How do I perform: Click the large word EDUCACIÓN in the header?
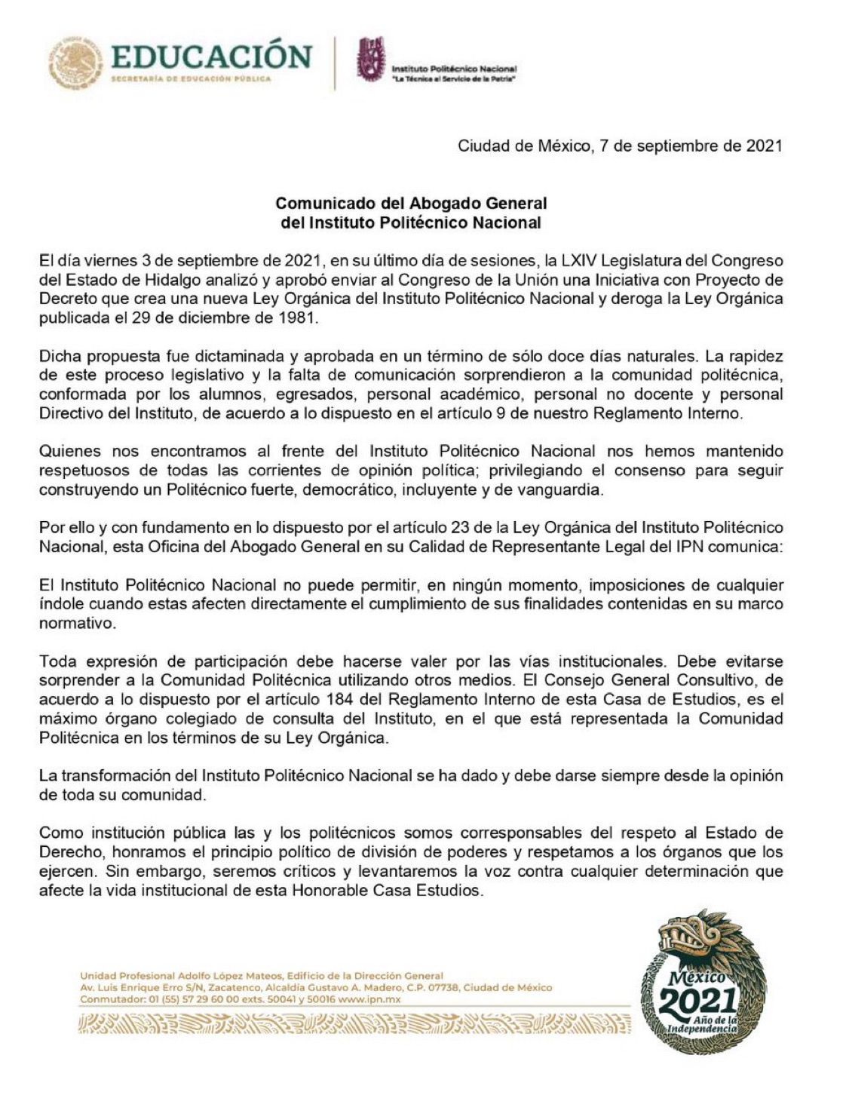click(211, 57)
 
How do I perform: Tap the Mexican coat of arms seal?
click(75, 61)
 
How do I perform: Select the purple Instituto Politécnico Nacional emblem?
click(371, 60)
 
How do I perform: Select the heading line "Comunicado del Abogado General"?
click(411, 203)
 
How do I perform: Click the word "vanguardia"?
click(570, 489)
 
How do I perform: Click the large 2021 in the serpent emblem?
click(697, 1001)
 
